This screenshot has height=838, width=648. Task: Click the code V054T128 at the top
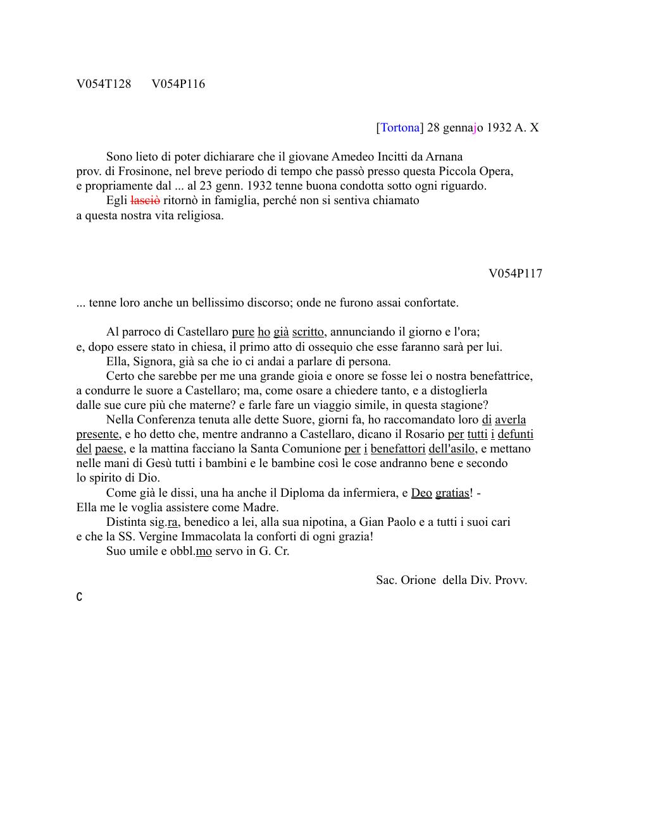tap(104, 84)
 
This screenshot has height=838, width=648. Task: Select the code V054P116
tap(178, 84)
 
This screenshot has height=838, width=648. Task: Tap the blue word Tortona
tap(400, 128)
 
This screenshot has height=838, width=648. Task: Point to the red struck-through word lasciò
tap(145, 200)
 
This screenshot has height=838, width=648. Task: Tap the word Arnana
tap(444, 157)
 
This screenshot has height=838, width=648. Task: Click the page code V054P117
tap(515, 274)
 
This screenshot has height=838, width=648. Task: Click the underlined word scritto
tap(309, 332)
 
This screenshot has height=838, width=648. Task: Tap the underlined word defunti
tap(515, 434)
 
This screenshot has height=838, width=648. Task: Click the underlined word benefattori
tap(398, 449)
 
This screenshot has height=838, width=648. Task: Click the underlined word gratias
tap(452, 493)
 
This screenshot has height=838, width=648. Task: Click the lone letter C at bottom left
tap(79, 597)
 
